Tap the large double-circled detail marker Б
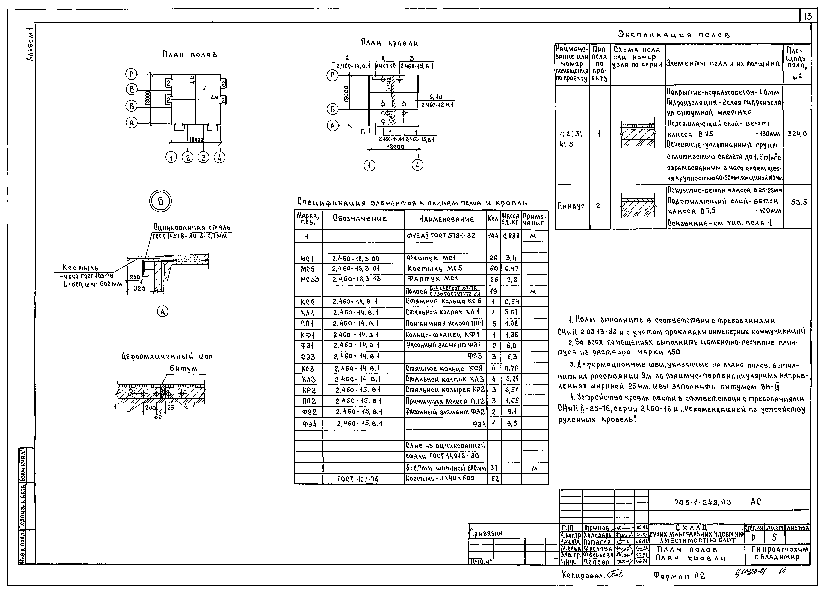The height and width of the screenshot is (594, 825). (160, 201)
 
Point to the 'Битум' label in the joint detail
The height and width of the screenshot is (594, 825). (184, 369)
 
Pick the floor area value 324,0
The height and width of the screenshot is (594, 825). (797, 134)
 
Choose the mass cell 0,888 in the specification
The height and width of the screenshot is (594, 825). (511, 236)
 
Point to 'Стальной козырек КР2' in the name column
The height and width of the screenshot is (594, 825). (445, 390)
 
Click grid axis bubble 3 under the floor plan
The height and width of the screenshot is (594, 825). (203, 158)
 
